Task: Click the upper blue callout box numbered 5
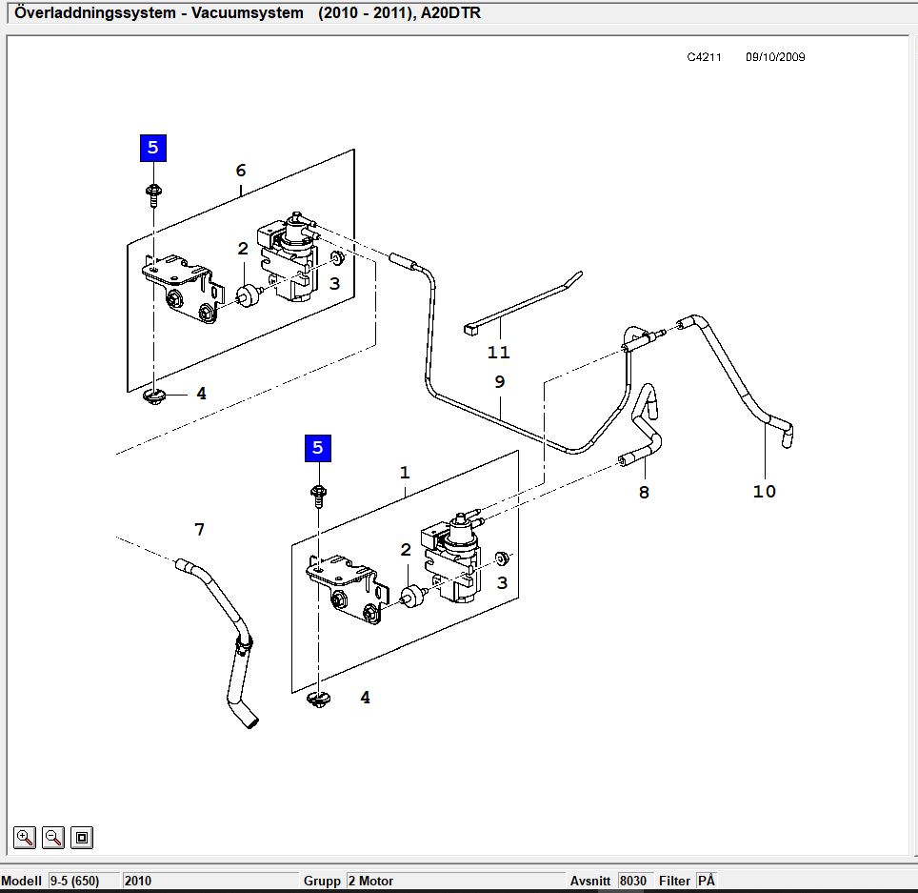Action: click(153, 148)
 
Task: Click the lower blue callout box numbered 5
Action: click(318, 448)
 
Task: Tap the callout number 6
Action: click(241, 171)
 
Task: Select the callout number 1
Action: click(405, 473)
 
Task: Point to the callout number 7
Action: click(200, 529)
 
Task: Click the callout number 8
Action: click(644, 492)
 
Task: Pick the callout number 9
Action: click(499, 381)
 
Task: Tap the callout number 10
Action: click(764, 491)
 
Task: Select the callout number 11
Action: click(499, 353)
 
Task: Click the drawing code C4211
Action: click(704, 57)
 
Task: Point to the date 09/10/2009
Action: click(775, 57)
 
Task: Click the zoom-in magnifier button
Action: click(25, 838)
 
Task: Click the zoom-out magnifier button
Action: click(53, 838)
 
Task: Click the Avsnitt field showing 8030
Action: click(634, 881)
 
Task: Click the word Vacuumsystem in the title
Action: click(247, 13)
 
